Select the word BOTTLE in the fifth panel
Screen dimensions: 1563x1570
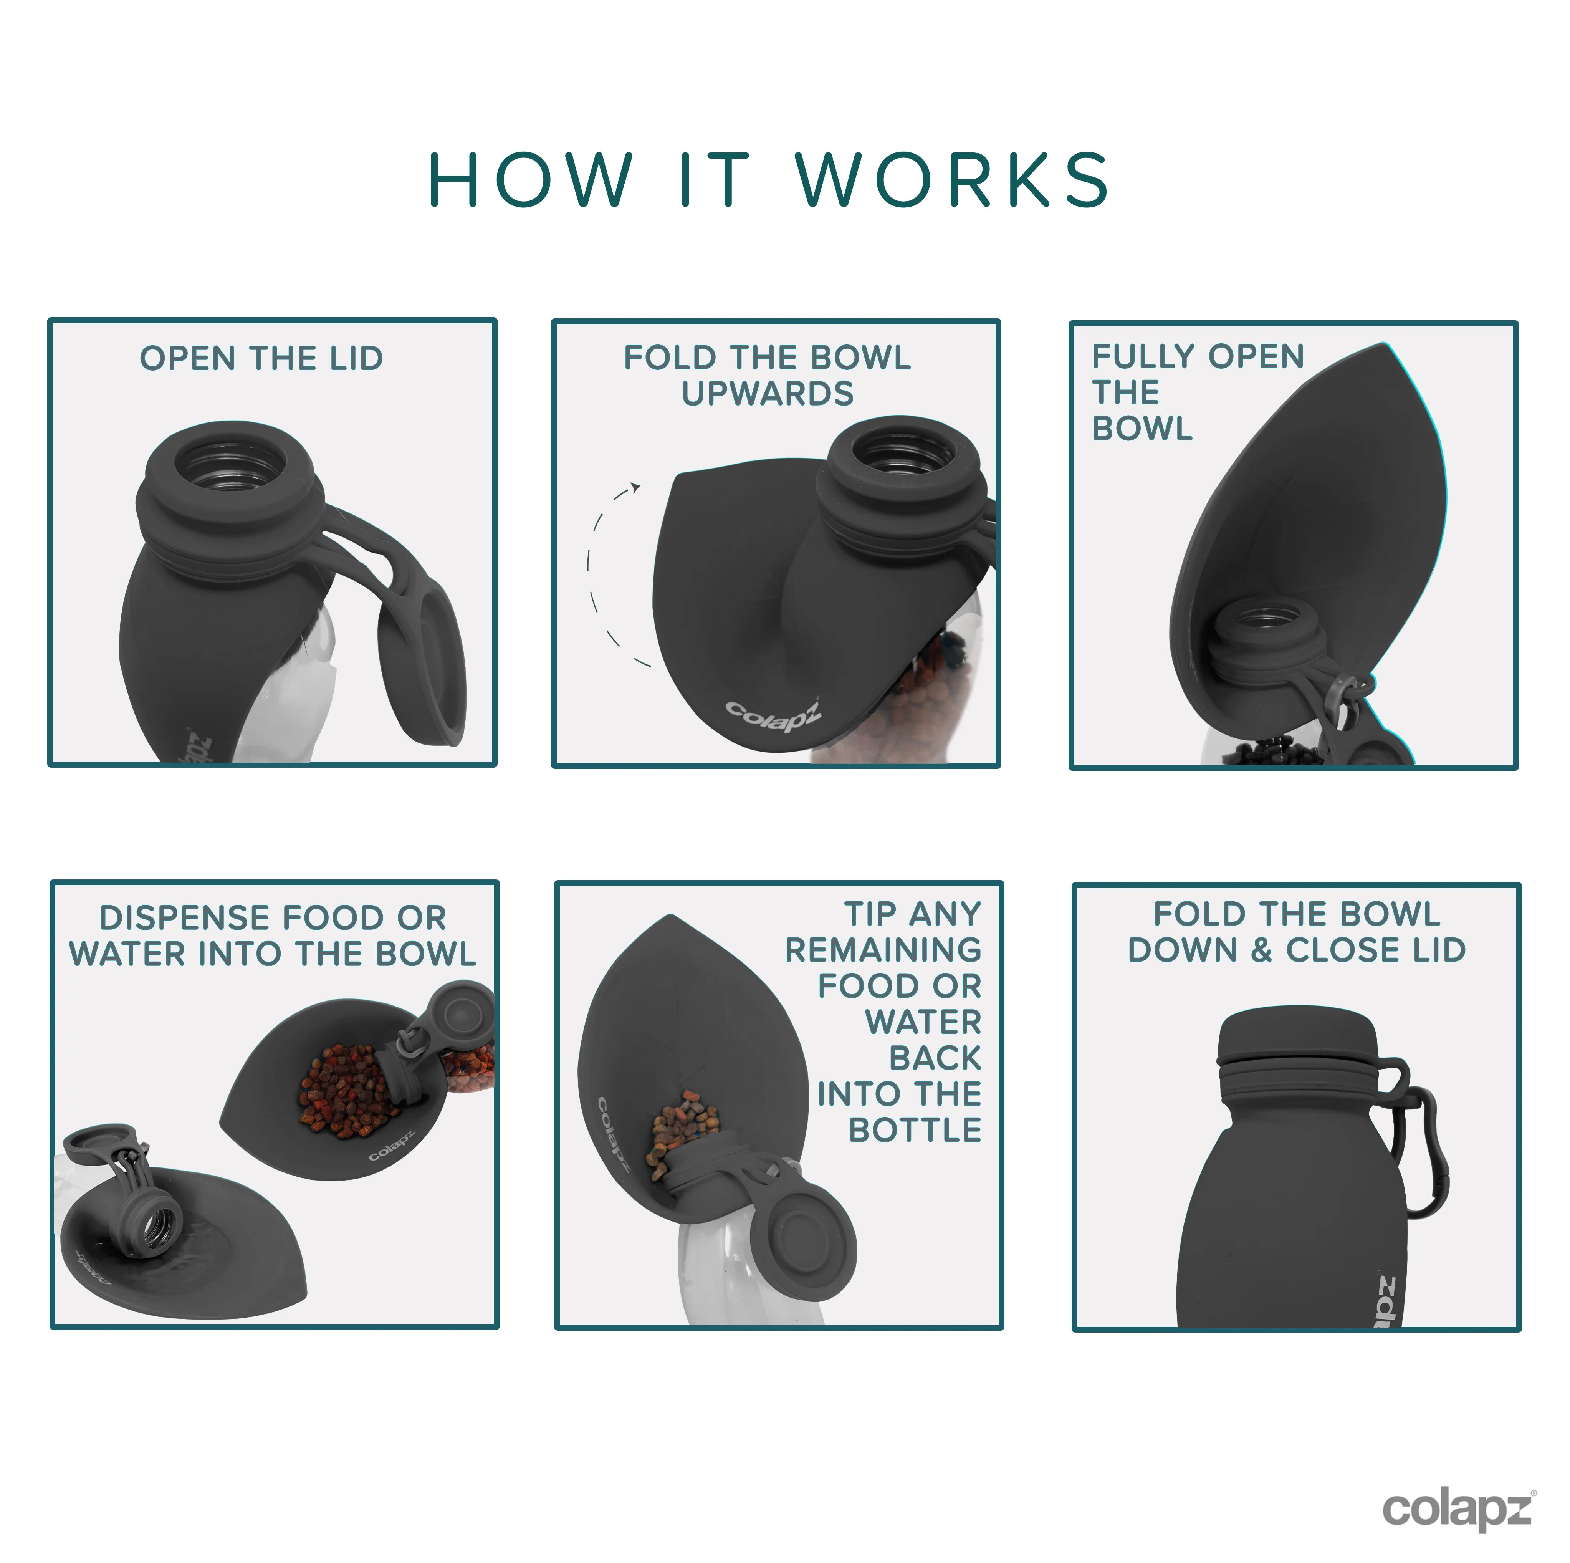click(x=915, y=1130)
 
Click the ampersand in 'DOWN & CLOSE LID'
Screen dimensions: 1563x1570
click(x=1261, y=950)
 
